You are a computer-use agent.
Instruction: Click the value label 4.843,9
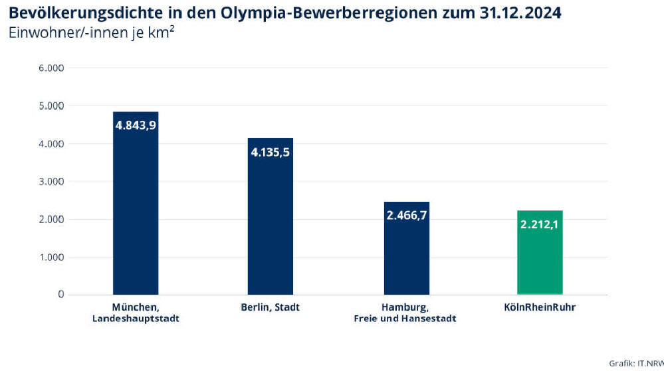click(x=136, y=125)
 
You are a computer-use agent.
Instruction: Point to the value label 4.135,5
click(x=271, y=152)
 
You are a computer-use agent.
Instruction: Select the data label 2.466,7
click(x=407, y=215)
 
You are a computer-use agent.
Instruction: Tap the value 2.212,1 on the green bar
click(x=540, y=224)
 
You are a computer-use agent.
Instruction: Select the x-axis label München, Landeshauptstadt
click(x=136, y=313)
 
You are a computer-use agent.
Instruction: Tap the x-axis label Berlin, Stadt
click(x=271, y=308)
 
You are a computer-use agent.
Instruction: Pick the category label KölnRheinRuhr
click(x=540, y=308)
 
